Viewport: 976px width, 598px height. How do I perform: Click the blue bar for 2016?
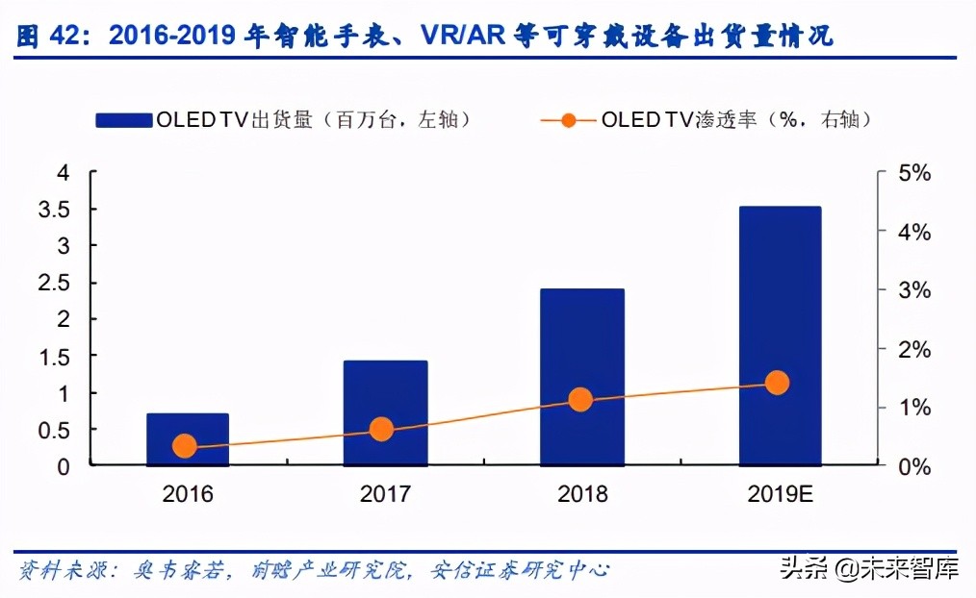tap(187, 439)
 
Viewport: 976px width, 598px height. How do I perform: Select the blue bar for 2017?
tap(385, 412)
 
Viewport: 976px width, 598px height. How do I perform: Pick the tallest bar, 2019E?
tap(780, 336)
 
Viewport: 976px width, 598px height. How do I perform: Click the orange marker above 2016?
tap(185, 446)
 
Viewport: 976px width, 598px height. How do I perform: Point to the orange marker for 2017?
tap(382, 430)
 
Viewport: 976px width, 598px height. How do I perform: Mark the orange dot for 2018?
tap(579, 400)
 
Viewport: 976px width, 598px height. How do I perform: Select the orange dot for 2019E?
tap(777, 383)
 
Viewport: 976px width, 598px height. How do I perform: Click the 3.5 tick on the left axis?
tap(54, 210)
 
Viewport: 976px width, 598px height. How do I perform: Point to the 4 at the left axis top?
tap(64, 173)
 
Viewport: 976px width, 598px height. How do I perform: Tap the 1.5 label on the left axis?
tap(54, 357)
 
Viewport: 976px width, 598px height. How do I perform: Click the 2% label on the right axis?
tap(916, 349)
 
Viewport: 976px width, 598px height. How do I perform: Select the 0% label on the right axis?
tap(916, 466)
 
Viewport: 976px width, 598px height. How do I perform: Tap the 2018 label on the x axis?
tap(582, 494)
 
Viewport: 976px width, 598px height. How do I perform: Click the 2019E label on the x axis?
tap(780, 494)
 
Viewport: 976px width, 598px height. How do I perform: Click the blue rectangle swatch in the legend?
tap(124, 120)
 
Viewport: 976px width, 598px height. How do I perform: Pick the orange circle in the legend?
tap(568, 120)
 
